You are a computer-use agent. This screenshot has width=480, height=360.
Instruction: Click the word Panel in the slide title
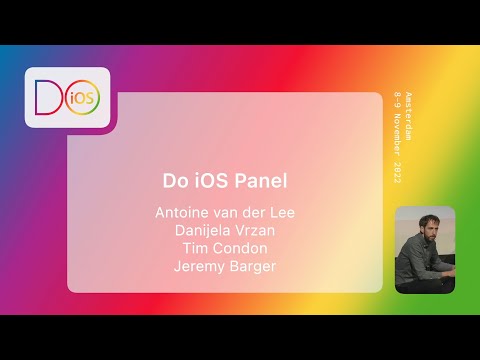coord(258,182)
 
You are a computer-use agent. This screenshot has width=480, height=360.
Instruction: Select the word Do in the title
coord(175,182)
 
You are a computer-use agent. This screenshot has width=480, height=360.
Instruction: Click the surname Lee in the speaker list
coord(281,212)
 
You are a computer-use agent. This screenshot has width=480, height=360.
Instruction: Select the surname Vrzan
coord(256,229)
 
